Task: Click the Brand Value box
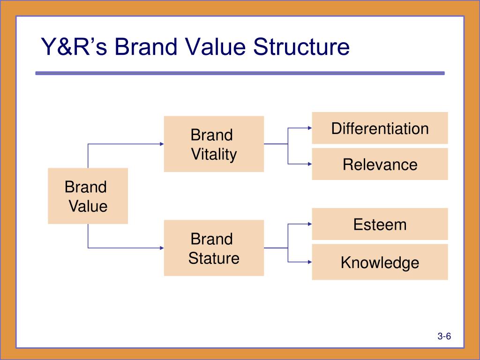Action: coord(88,196)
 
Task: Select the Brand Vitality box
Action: coord(214,144)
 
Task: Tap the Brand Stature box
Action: coord(214,248)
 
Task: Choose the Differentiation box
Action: coord(380,128)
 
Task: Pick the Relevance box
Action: coord(380,164)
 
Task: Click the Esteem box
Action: coord(380,224)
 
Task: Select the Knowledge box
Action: coord(380,262)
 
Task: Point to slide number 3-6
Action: coord(444,336)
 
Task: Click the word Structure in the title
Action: coord(301,47)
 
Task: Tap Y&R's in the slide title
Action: coord(74,47)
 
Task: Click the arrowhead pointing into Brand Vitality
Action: coord(162,144)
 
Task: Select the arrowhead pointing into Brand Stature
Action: coord(162,248)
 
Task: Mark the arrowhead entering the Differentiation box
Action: coord(310,128)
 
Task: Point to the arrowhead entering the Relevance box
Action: coord(310,164)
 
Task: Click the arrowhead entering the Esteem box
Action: coord(310,224)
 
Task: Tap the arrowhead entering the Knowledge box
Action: coord(310,262)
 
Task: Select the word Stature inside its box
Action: coord(214,258)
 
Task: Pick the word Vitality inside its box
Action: coord(214,154)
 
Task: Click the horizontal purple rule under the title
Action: coord(240,73)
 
